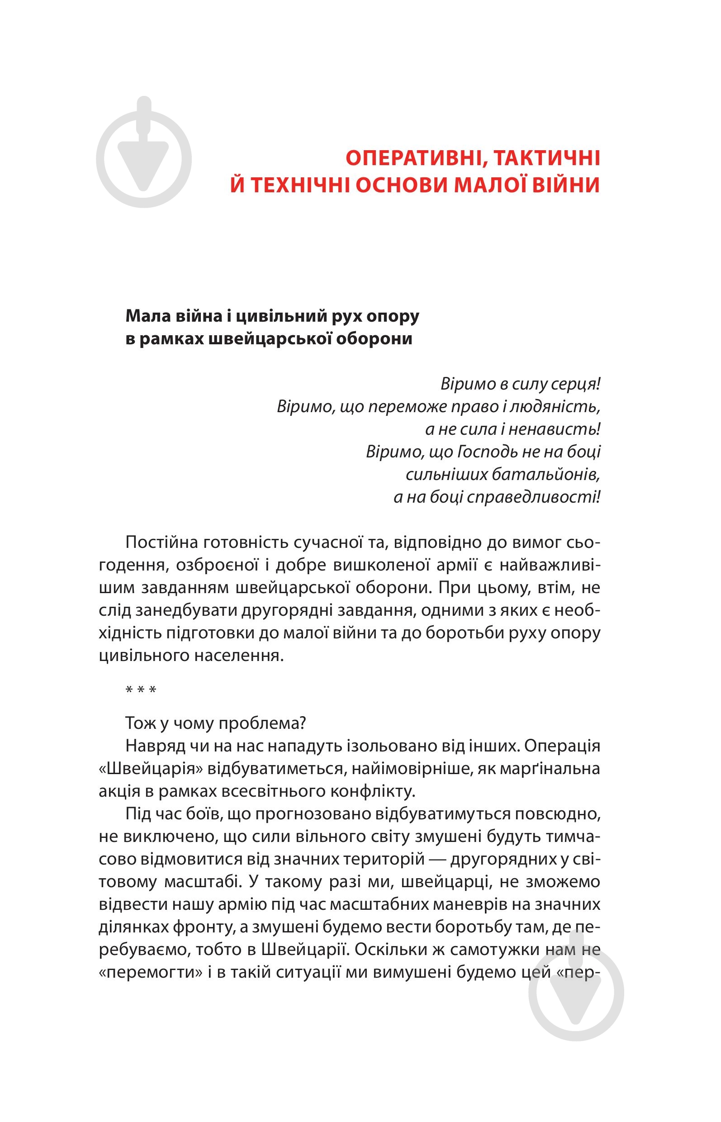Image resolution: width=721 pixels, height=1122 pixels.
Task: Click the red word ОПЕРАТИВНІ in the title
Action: click(x=410, y=158)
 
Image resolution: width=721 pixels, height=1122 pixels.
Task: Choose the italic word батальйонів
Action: click(x=546, y=475)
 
